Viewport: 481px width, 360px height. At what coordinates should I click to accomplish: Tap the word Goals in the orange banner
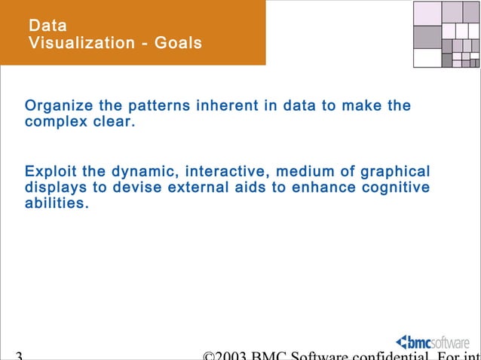[x=178, y=44]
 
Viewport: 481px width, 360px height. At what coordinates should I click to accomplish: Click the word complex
[x=56, y=122]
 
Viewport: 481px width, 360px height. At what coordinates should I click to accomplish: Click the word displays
[x=55, y=188]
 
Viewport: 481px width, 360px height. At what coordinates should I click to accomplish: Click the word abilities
[x=56, y=204]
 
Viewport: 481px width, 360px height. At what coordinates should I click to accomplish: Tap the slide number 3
[x=18, y=355]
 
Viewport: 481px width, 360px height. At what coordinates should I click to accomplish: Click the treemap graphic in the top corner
[x=447, y=34]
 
